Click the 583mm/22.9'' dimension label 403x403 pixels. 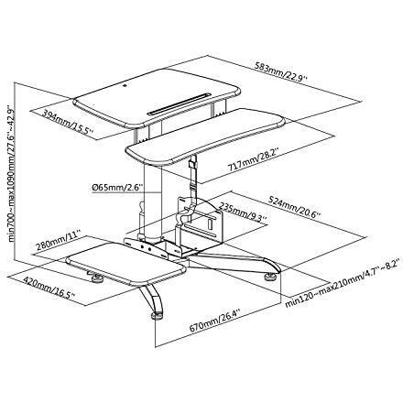(x=281, y=72)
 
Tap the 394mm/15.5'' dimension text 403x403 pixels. (x=68, y=122)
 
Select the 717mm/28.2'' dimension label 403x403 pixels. (x=254, y=160)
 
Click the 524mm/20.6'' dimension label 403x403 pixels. (x=294, y=206)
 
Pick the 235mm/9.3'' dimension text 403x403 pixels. (x=244, y=212)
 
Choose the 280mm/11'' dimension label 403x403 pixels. (x=58, y=243)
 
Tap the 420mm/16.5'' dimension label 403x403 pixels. (x=49, y=288)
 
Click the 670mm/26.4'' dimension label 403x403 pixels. (x=215, y=321)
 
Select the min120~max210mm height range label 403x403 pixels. (x=343, y=284)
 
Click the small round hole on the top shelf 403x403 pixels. (x=125, y=85)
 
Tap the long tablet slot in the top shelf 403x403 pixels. (x=179, y=104)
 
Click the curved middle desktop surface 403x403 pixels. (x=205, y=136)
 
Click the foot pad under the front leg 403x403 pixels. (x=158, y=316)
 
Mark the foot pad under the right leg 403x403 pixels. (x=271, y=277)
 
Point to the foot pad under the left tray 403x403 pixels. (x=97, y=278)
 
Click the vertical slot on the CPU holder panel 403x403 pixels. (x=210, y=224)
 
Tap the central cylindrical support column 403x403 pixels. (x=153, y=200)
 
